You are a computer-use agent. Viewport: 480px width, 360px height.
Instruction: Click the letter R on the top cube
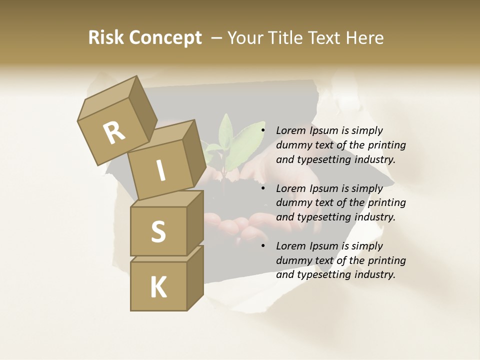(114, 133)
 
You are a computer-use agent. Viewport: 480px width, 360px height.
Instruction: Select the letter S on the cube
(158, 231)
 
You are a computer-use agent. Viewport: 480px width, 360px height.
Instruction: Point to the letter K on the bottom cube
(158, 287)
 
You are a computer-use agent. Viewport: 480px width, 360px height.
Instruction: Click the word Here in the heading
(366, 38)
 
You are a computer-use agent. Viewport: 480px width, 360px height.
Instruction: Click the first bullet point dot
(263, 130)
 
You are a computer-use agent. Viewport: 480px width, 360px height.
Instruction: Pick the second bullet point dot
(263, 188)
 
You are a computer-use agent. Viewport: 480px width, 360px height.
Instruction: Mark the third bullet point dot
(263, 246)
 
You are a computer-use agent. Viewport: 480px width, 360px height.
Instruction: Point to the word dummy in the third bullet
(292, 260)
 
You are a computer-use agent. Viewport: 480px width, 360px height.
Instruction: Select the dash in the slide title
(217, 38)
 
